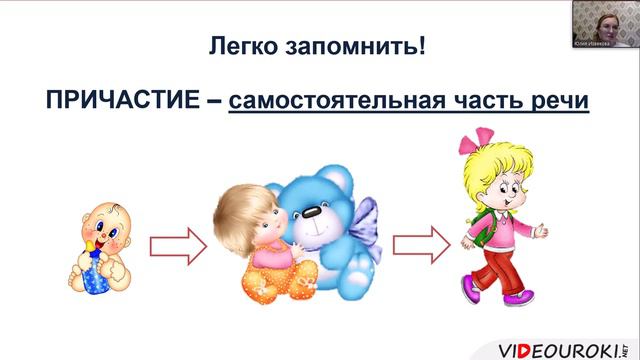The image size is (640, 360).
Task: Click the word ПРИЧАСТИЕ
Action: click(119, 101)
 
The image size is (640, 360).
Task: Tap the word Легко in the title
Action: click(241, 47)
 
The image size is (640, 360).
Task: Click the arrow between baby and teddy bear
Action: click(177, 245)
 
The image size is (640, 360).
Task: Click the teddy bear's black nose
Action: click(311, 213)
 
